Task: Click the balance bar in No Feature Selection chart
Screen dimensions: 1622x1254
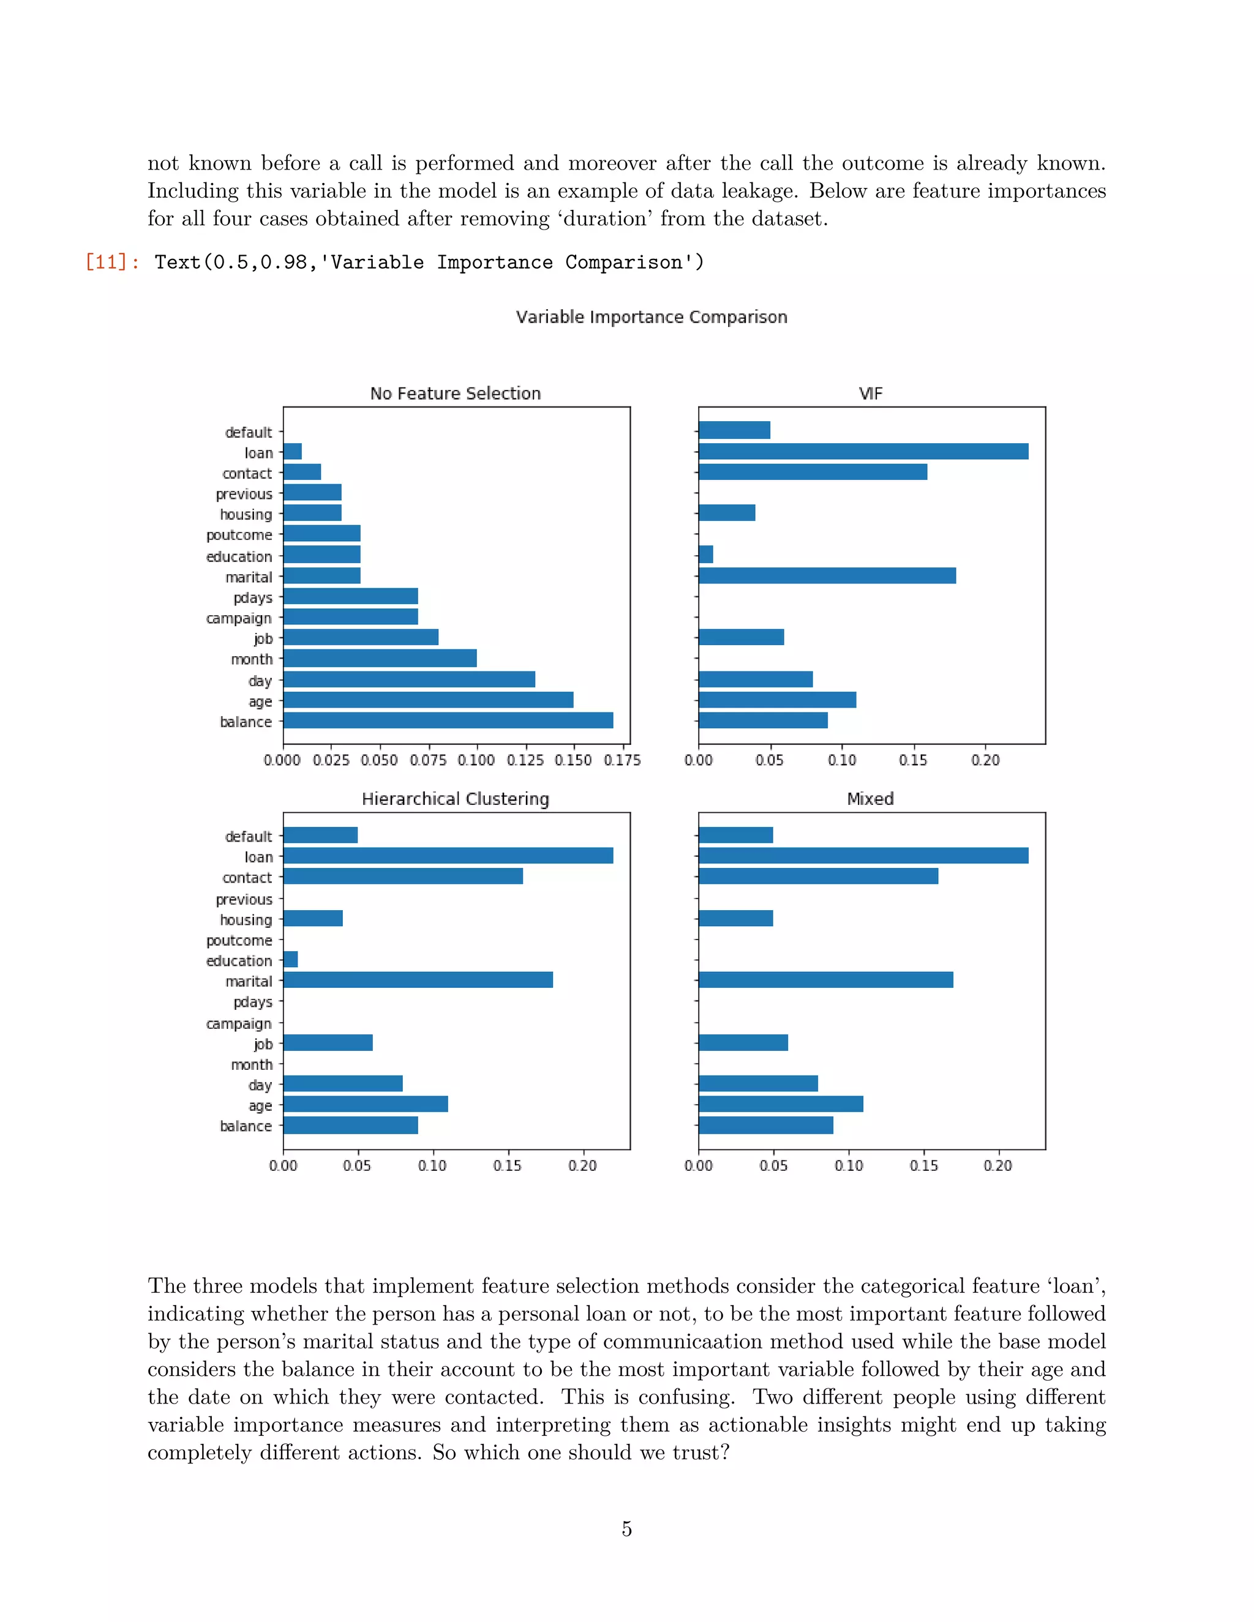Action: point(448,720)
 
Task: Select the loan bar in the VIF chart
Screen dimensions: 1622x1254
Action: point(863,452)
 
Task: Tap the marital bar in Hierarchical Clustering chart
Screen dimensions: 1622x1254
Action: point(418,981)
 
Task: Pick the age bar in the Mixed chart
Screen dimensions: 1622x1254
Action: point(781,1104)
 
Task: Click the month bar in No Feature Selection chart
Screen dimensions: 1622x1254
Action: point(380,659)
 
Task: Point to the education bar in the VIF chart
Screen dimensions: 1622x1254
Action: point(706,555)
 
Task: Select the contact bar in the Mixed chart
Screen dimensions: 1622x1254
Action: point(818,876)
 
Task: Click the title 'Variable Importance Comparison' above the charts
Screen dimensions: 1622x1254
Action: point(651,317)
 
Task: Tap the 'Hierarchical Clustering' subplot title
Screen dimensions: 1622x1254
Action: point(456,799)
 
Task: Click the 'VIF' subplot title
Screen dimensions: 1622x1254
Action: point(871,394)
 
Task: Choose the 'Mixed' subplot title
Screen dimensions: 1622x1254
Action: point(871,799)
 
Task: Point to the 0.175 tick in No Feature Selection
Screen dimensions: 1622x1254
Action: point(623,760)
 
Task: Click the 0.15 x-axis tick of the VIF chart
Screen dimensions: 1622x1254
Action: point(913,760)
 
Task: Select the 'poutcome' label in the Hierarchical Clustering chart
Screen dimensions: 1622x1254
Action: point(239,941)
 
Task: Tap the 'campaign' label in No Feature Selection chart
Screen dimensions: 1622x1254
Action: point(239,619)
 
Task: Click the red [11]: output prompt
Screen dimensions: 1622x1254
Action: point(112,262)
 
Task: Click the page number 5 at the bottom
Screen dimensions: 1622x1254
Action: point(627,1529)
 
